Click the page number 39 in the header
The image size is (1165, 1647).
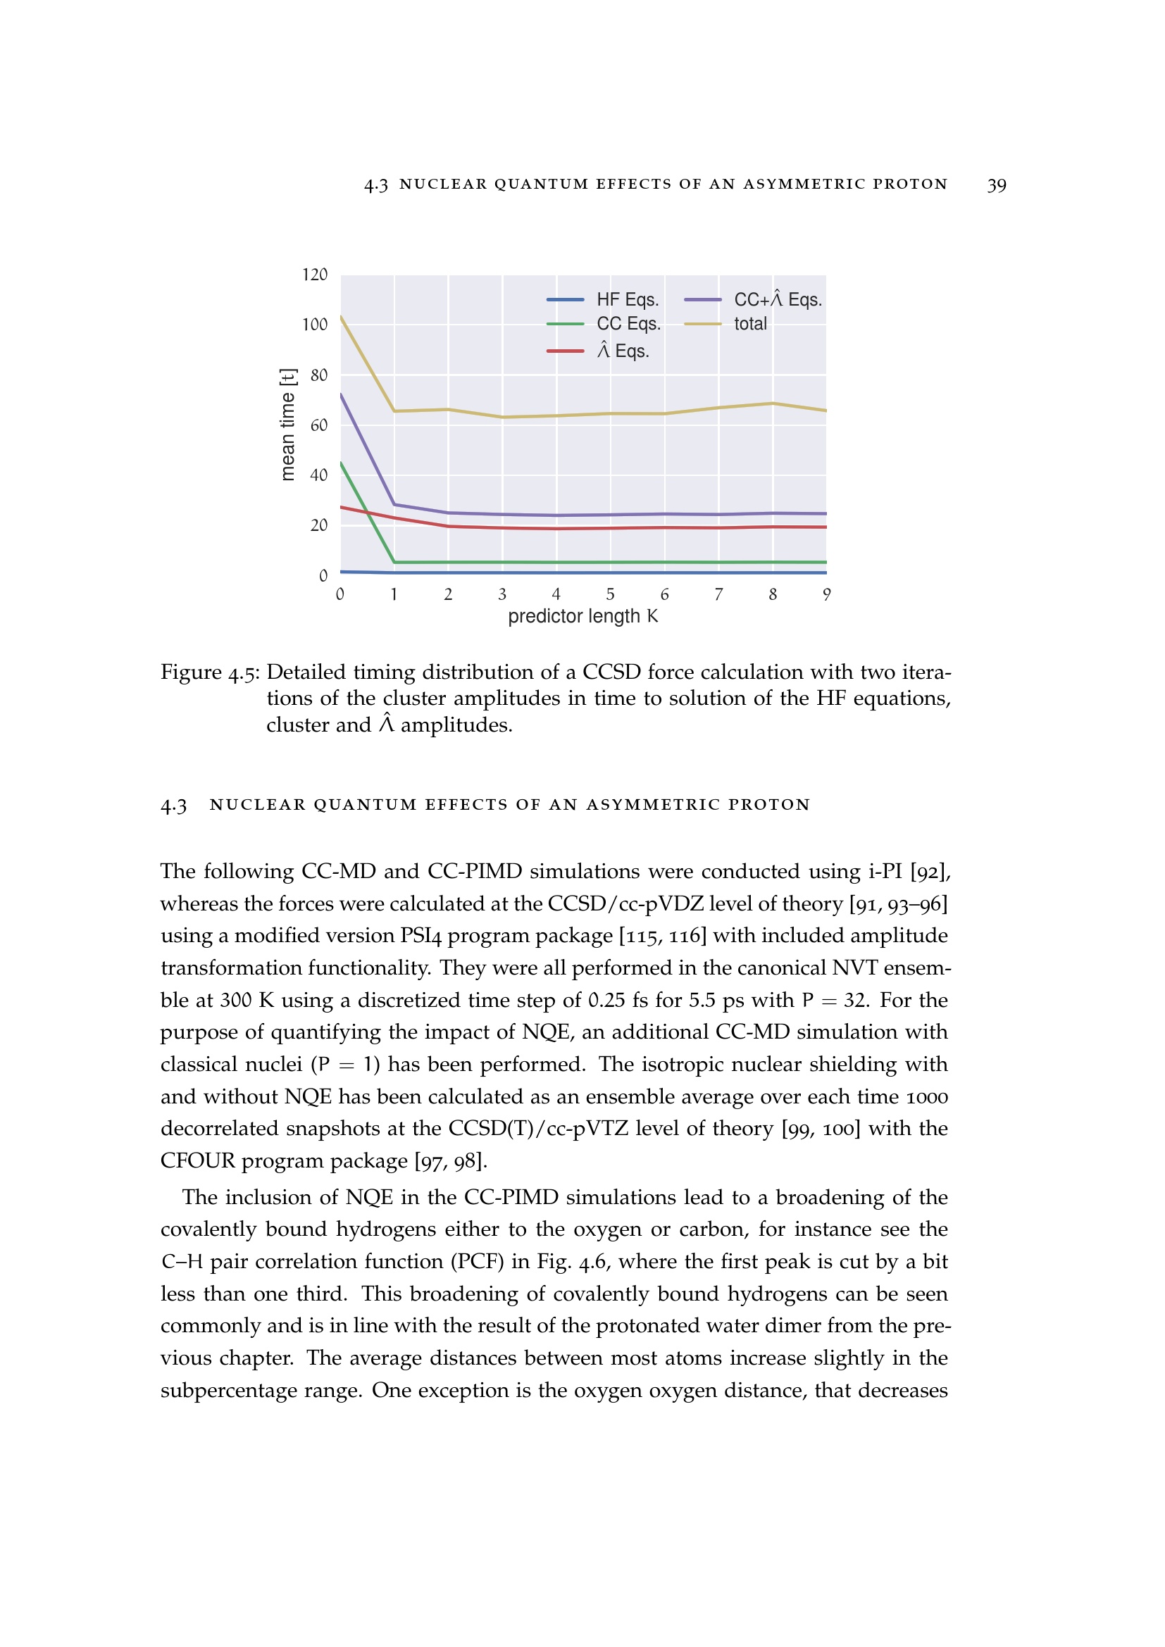point(997,185)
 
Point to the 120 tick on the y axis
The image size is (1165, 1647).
point(314,275)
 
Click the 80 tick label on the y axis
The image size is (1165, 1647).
point(318,375)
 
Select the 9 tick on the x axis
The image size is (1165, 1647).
point(826,595)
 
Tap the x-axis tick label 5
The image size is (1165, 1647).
point(610,595)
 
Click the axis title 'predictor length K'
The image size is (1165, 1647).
point(582,617)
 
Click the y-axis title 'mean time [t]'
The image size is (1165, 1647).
point(287,425)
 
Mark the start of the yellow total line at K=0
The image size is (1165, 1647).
point(341,316)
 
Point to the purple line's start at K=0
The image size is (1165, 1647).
point(341,394)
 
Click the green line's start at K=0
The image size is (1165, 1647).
point(341,463)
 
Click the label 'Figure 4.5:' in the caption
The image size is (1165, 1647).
point(211,673)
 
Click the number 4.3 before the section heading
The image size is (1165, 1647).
point(173,806)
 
